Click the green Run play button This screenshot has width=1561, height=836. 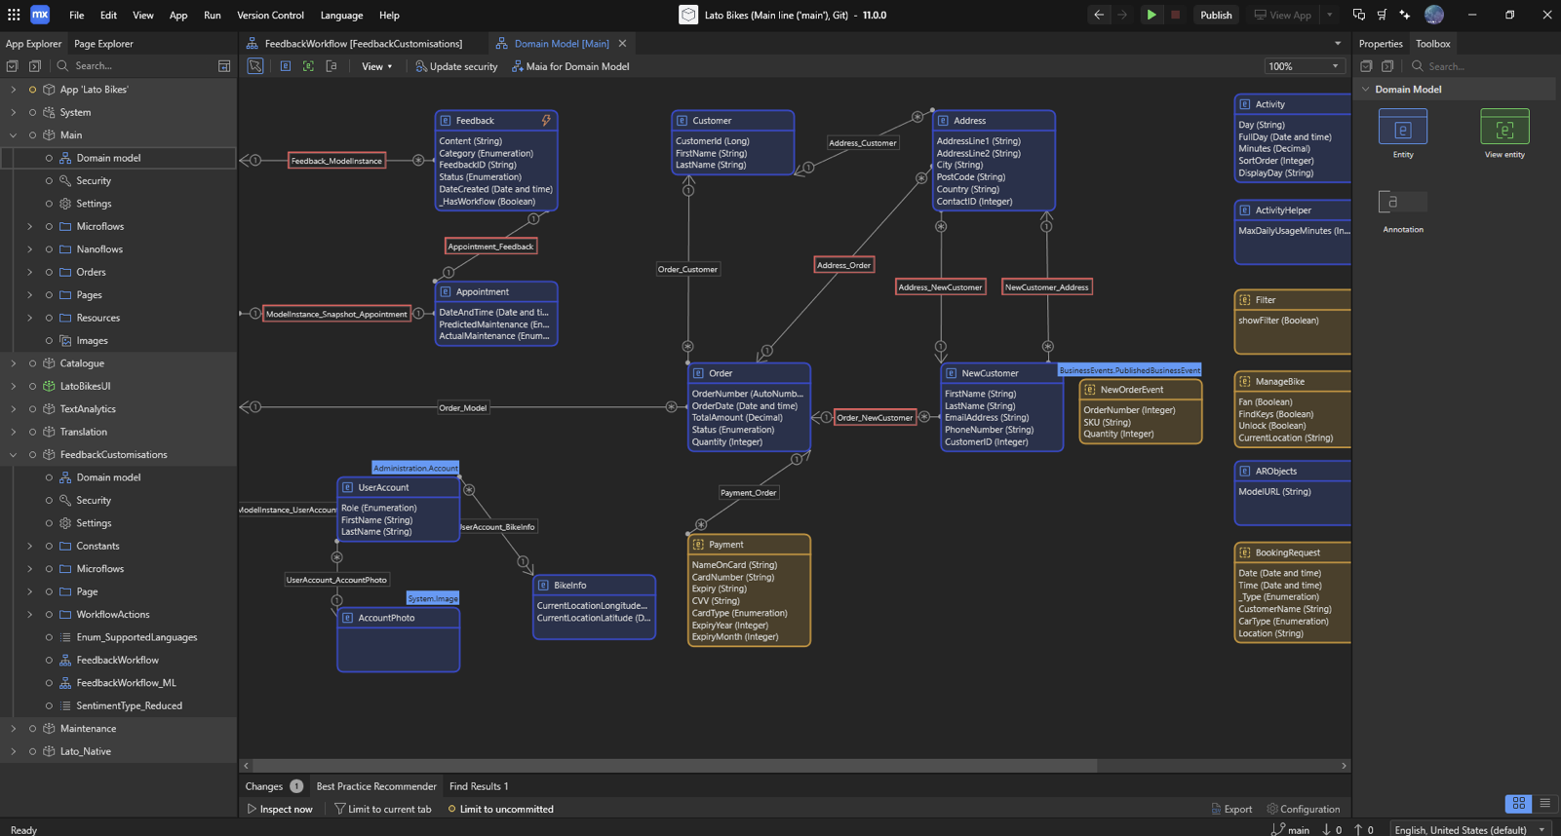point(1151,15)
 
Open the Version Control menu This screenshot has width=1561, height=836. point(270,16)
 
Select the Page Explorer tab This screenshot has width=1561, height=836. point(103,44)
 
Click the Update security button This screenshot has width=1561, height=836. point(456,66)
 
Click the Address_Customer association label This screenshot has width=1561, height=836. point(862,143)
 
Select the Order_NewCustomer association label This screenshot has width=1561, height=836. point(875,418)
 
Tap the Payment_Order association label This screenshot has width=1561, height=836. point(748,493)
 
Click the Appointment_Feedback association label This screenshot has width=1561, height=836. point(490,247)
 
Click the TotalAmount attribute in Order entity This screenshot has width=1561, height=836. point(736,418)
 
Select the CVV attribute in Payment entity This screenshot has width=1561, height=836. point(716,601)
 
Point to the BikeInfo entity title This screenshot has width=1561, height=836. point(569,586)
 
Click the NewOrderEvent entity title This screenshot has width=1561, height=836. point(1131,390)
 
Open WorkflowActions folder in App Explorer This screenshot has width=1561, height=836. point(112,615)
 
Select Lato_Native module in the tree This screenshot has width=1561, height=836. point(85,751)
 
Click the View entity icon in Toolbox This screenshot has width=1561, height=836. point(1503,128)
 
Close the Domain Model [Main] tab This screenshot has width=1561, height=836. point(622,44)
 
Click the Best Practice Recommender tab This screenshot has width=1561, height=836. point(376,786)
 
